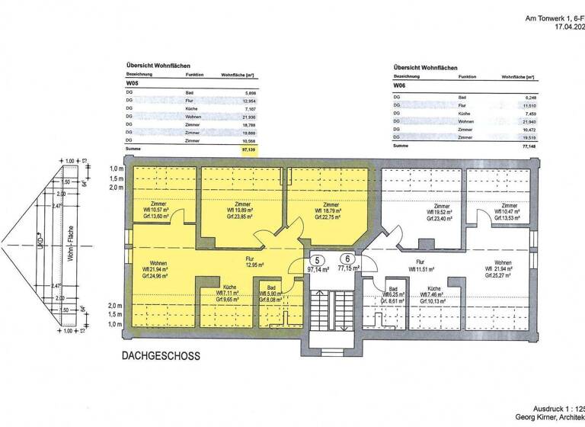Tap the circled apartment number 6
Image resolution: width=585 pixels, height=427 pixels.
click(x=347, y=258)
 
